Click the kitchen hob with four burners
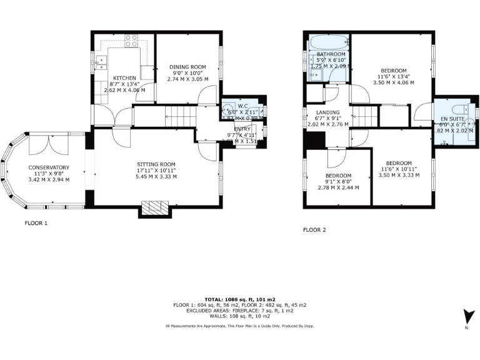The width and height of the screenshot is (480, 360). pos(131,41)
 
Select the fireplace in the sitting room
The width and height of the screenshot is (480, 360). pos(154,208)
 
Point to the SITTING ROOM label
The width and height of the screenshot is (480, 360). pos(156,164)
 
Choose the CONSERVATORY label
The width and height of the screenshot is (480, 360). pos(48,167)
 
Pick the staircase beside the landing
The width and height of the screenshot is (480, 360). pos(364,116)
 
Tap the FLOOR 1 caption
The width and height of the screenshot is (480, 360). pos(36,222)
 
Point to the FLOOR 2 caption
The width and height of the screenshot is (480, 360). pos(314,230)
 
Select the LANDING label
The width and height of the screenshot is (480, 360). pos(328,112)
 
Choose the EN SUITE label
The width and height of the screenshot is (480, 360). pos(452,118)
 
